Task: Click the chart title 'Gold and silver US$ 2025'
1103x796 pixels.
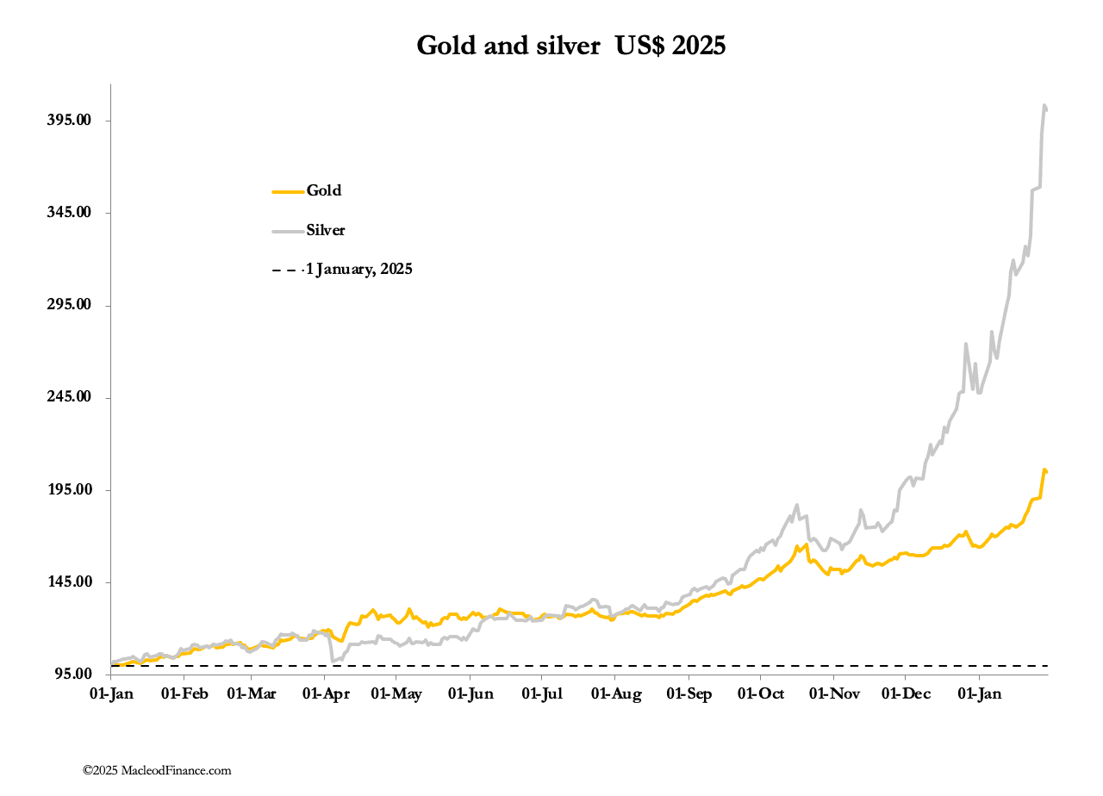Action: pyautogui.click(x=570, y=46)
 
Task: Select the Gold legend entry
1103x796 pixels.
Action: pyautogui.click(x=324, y=191)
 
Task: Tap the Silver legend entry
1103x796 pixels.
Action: pyautogui.click(x=326, y=230)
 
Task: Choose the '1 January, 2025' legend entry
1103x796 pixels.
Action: pyautogui.click(x=358, y=270)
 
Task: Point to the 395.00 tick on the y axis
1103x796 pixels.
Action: pyautogui.click(x=68, y=121)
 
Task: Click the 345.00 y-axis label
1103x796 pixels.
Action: pyautogui.click(x=68, y=213)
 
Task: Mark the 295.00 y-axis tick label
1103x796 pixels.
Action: pyautogui.click(x=68, y=305)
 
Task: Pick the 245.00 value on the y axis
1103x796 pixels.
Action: pyautogui.click(x=68, y=397)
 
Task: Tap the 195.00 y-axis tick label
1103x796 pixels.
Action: pyautogui.click(x=68, y=490)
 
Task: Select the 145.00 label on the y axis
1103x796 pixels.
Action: pyautogui.click(x=68, y=582)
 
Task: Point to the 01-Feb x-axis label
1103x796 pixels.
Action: pyautogui.click(x=184, y=694)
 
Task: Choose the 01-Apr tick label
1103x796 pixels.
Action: pyautogui.click(x=324, y=694)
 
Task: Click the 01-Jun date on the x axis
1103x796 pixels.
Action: pyautogui.click(x=470, y=694)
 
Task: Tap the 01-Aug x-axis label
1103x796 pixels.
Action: pyautogui.click(x=614, y=694)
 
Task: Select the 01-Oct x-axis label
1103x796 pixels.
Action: pyautogui.click(x=760, y=694)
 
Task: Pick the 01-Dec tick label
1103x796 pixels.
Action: pyautogui.click(x=905, y=694)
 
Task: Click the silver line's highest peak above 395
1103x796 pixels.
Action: pyautogui.click(x=1044, y=106)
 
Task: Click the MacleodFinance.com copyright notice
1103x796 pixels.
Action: pyautogui.click(x=157, y=771)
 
